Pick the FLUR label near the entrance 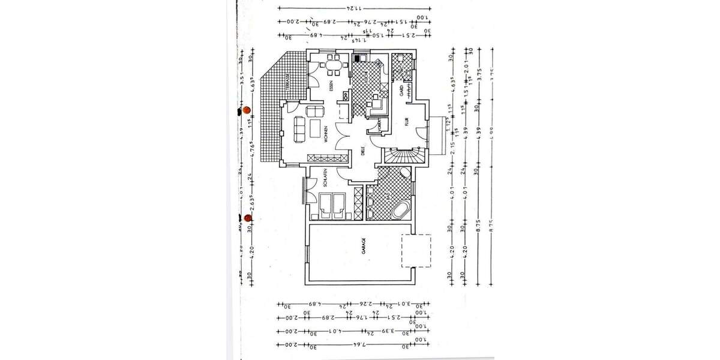tap(406, 122)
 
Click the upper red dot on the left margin tap(246, 110)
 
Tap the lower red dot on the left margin tap(248, 218)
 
